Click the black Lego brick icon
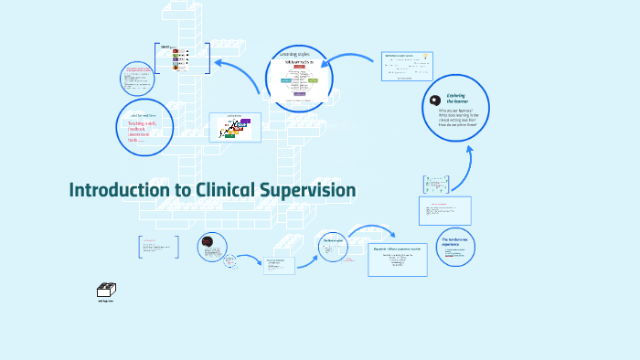[x=105, y=291]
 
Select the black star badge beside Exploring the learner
[x=435, y=100]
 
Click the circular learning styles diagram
[x=298, y=80]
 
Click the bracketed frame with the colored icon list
[x=182, y=58]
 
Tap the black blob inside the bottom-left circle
[x=208, y=242]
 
